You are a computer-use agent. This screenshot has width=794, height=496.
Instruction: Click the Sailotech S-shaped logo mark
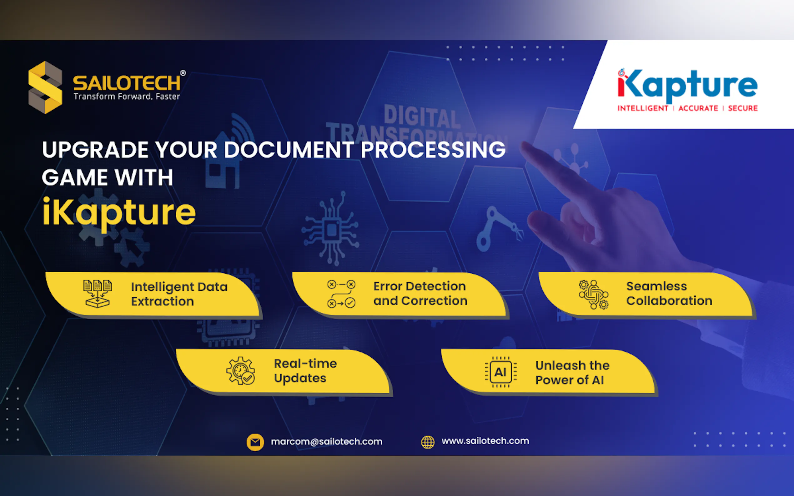coord(45,87)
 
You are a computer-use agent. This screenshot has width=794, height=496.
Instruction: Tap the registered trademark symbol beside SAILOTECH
coord(183,73)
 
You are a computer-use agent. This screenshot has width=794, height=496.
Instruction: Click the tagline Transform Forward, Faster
coord(127,97)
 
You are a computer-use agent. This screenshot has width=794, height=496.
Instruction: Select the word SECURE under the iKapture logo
coord(743,108)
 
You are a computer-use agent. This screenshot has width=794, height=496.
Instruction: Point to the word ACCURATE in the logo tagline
coord(698,108)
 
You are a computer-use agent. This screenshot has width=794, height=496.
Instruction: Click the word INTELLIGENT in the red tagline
coord(643,108)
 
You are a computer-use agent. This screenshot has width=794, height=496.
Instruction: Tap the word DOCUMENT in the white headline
coord(289,150)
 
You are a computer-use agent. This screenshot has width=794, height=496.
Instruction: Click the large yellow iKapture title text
coord(119,213)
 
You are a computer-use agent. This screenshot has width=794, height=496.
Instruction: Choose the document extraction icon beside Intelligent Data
coord(98,294)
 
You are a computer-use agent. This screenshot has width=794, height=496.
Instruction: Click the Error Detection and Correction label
coord(420,293)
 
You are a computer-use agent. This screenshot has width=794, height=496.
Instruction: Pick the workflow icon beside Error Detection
coord(341,294)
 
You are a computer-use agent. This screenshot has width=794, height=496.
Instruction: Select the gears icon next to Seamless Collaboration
coord(593,294)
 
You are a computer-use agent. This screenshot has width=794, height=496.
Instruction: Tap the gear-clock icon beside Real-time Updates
coord(241,371)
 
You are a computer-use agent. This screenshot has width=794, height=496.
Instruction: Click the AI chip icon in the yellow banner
coord(500,372)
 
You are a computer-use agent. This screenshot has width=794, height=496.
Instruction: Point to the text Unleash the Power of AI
coord(572,373)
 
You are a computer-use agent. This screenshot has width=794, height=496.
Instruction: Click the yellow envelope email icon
coord(255,442)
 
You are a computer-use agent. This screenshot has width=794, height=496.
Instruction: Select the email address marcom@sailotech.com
coord(327,442)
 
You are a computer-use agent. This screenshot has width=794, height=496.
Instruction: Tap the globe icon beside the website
coord(428,442)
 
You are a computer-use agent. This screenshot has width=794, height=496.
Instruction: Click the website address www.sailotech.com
coord(485,441)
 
